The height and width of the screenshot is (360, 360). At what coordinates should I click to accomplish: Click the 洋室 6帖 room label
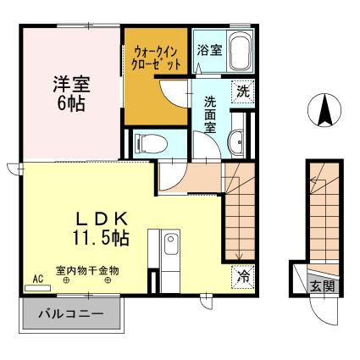71,94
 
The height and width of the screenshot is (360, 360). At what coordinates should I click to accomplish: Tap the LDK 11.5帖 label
101,228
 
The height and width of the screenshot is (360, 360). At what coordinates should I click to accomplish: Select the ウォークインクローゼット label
156,58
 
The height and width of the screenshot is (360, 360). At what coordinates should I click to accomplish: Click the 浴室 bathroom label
209,50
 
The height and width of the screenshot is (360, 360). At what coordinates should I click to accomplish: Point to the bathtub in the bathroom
240,51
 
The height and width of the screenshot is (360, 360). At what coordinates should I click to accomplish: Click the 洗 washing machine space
243,91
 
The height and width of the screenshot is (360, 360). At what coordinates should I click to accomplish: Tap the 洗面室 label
210,114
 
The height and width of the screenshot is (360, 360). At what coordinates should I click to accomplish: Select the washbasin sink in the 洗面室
236,142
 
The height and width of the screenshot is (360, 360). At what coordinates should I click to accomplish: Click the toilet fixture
151,143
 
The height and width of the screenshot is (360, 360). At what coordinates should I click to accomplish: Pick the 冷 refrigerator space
243,277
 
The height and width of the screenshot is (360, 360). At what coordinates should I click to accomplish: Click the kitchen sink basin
170,244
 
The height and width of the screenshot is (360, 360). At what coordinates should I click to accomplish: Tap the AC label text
38,279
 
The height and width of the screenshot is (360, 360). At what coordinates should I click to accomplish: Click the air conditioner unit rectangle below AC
37,288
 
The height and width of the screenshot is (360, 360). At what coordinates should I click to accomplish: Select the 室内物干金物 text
87,271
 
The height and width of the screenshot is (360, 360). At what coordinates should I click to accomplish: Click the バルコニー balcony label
71,313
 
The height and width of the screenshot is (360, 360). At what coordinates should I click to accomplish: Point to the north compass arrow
324,110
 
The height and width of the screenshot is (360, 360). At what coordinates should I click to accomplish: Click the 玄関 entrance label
323,286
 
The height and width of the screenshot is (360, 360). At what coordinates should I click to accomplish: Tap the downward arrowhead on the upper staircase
240,257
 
